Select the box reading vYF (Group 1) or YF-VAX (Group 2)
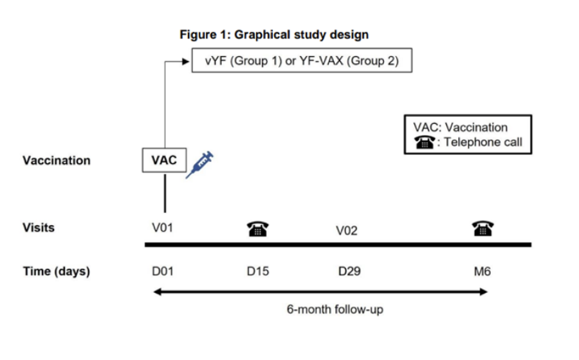(x=302, y=60)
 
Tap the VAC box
(x=164, y=160)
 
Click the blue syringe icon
(x=199, y=165)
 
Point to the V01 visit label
(x=163, y=228)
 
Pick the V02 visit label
(x=346, y=231)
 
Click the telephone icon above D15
(x=258, y=229)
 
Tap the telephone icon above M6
(x=482, y=228)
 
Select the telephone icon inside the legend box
(x=425, y=142)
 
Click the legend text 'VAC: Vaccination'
(x=461, y=127)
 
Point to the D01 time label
(x=163, y=271)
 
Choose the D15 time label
(x=258, y=271)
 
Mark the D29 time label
(x=349, y=271)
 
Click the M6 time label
(x=482, y=271)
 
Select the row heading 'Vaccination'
(x=57, y=161)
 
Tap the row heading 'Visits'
(x=39, y=228)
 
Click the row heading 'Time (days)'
(x=57, y=271)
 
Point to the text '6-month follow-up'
(x=335, y=309)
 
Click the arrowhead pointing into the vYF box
(x=187, y=62)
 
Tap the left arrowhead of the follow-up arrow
(x=158, y=292)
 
